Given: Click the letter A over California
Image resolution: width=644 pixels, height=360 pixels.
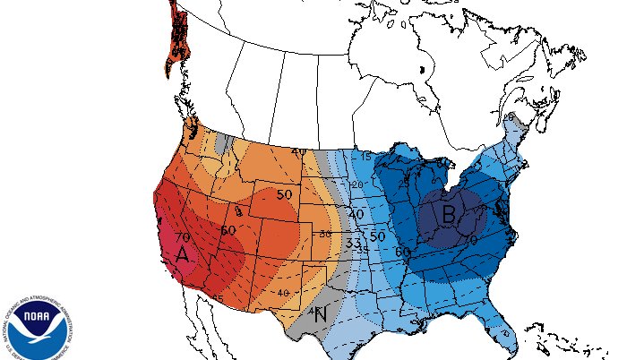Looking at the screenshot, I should click(x=182, y=254).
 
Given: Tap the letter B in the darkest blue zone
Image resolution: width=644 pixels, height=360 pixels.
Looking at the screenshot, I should click(x=448, y=215).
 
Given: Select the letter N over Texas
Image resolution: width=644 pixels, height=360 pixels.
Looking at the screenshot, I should click(x=321, y=313).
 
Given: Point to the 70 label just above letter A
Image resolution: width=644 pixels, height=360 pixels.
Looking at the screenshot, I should click(x=183, y=236).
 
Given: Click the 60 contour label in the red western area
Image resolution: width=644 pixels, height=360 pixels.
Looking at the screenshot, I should click(x=228, y=230).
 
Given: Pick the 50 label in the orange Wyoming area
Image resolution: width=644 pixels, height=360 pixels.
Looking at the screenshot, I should click(x=285, y=194).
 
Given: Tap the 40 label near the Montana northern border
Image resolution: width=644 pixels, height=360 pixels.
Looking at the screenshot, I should click(x=297, y=151).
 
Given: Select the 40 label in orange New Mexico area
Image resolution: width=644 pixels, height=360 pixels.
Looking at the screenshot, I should click(x=284, y=293).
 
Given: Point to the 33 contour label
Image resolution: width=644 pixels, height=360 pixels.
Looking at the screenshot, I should click(x=353, y=242).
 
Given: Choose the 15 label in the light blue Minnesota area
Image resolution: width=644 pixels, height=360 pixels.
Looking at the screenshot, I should click(x=366, y=156).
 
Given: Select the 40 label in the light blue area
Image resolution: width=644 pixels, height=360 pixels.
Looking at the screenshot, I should click(x=356, y=215).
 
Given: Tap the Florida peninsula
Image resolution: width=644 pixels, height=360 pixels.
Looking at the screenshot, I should click(x=502, y=337).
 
